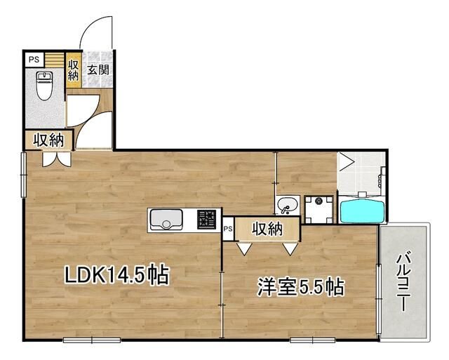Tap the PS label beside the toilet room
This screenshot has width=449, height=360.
click(34, 60)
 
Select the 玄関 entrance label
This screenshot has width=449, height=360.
click(98, 69)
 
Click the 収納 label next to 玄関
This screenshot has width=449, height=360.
click(73, 69)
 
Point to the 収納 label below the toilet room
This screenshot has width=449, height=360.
click(48, 140)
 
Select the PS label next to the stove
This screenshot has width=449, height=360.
click(228, 228)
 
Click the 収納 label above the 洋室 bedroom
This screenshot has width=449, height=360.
click(267, 228)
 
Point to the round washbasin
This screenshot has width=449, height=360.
click(287, 206)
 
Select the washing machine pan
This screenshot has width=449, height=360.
click(320, 204)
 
